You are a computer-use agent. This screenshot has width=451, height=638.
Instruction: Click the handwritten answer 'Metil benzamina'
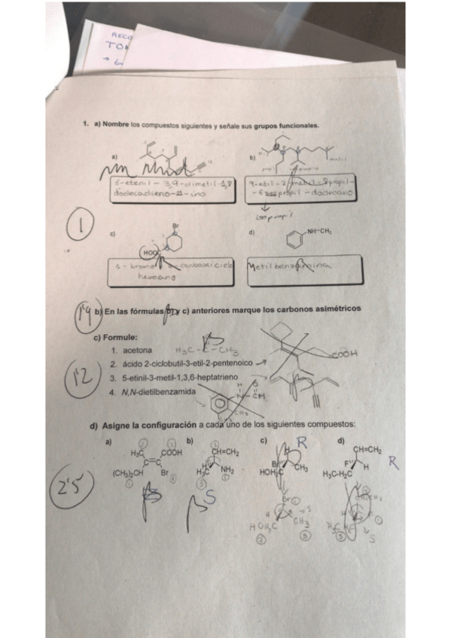point(294,269)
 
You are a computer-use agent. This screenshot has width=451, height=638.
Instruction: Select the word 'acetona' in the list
point(137,351)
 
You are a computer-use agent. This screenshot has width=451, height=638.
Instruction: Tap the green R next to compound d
point(393,464)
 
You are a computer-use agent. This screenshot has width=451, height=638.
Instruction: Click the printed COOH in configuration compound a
point(171,453)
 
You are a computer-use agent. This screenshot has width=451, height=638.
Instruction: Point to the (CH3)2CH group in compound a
point(126,474)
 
